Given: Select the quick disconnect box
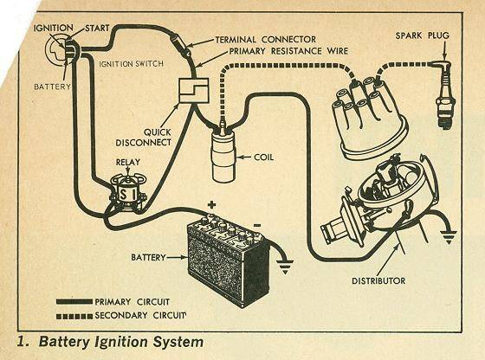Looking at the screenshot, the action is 194,90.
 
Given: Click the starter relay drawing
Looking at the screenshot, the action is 127,193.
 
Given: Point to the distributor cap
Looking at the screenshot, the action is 372,119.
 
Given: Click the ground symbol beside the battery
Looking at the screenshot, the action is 285,267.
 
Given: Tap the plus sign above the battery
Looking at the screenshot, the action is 211,204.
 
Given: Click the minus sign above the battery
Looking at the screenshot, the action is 257,225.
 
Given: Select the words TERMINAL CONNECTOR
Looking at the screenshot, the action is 265,40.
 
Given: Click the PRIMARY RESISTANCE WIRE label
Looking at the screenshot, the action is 288,51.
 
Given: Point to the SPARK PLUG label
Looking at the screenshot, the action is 423,35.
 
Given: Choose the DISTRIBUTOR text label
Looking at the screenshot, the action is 378,280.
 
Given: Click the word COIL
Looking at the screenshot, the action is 264,157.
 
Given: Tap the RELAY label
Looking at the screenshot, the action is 128,162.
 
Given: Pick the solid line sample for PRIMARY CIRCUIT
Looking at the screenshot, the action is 74,302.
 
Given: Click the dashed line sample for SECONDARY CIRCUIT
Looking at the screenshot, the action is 74,316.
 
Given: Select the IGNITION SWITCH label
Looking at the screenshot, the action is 131,64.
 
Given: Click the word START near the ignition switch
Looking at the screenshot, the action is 97,28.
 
